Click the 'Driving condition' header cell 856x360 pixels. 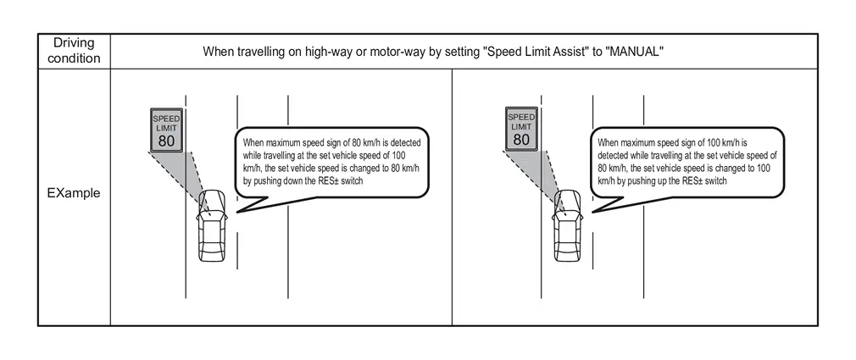75,51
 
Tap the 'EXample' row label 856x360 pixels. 75,193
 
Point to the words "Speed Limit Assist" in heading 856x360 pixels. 531,52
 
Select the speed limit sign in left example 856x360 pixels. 166,130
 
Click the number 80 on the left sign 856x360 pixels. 166,141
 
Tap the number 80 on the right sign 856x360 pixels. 521,140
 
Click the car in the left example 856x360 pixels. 213,226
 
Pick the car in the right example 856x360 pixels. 568,226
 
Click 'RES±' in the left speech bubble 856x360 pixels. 329,181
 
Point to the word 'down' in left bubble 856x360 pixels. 297,181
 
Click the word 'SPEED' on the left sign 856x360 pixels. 166,119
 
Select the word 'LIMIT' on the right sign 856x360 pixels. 521,126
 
